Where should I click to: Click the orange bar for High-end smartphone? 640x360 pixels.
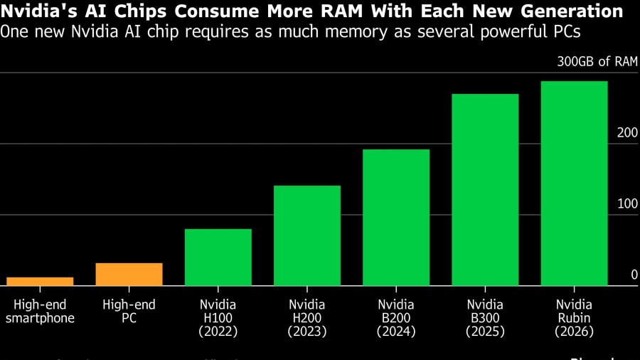tap(40, 282)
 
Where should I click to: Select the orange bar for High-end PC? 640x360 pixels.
tap(129, 275)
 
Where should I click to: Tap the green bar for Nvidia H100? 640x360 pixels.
tap(218, 257)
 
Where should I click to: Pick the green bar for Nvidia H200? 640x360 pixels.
tap(307, 235)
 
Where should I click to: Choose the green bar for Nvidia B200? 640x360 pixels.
tap(396, 217)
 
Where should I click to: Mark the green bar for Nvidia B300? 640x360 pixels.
tap(485, 189)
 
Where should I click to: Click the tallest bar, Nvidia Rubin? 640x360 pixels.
tap(574, 183)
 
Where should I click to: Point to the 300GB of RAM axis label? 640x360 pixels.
tap(597, 62)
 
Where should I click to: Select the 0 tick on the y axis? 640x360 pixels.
tap(634, 275)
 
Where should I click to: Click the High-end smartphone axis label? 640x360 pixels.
tap(40, 312)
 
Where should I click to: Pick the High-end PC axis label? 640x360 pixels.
tap(129, 312)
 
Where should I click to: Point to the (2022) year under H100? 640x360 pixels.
tap(218, 332)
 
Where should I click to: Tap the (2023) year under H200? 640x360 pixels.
tap(307, 332)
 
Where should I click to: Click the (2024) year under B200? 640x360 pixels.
tap(396, 332)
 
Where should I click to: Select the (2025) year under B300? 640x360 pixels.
tap(485, 332)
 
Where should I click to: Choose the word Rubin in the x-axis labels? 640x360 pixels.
tap(574, 318)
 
